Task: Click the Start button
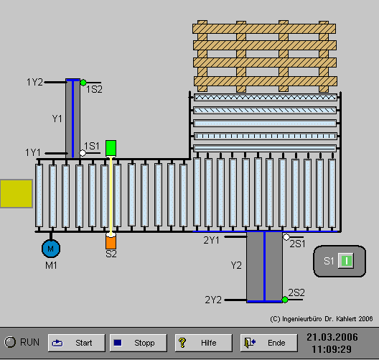pos(77,343)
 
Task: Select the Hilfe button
pos(204,343)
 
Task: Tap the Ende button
pos(268,343)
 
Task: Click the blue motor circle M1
pos(51,249)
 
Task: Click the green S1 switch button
pos(346,261)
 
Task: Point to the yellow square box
pos(17,193)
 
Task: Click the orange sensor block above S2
pos(111,242)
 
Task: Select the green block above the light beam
pos(111,148)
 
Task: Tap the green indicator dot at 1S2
pos(83,83)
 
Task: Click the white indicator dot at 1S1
pos(83,153)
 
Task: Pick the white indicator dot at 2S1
pos(286,237)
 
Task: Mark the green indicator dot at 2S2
pos(285,300)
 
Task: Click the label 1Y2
pos(34,82)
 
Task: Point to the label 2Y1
pos(212,240)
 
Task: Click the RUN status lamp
pos(10,342)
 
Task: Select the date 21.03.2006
pos(332,337)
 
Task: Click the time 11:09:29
pos(332,349)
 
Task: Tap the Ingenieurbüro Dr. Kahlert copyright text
pos(322,319)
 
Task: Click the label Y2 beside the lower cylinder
pos(236,265)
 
